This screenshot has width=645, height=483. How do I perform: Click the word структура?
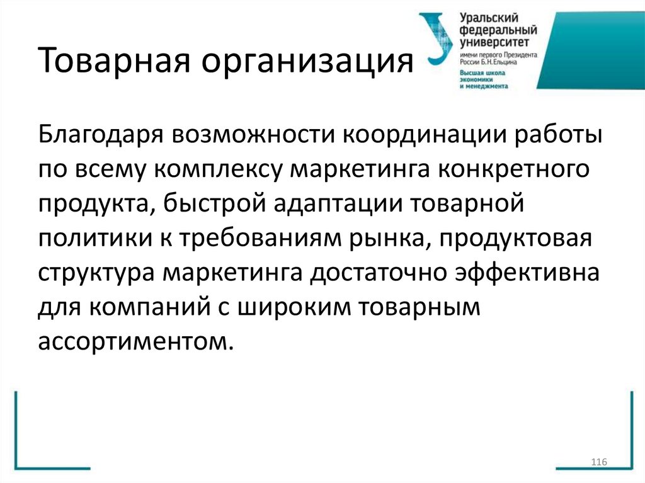pyautogui.click(x=97, y=273)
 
